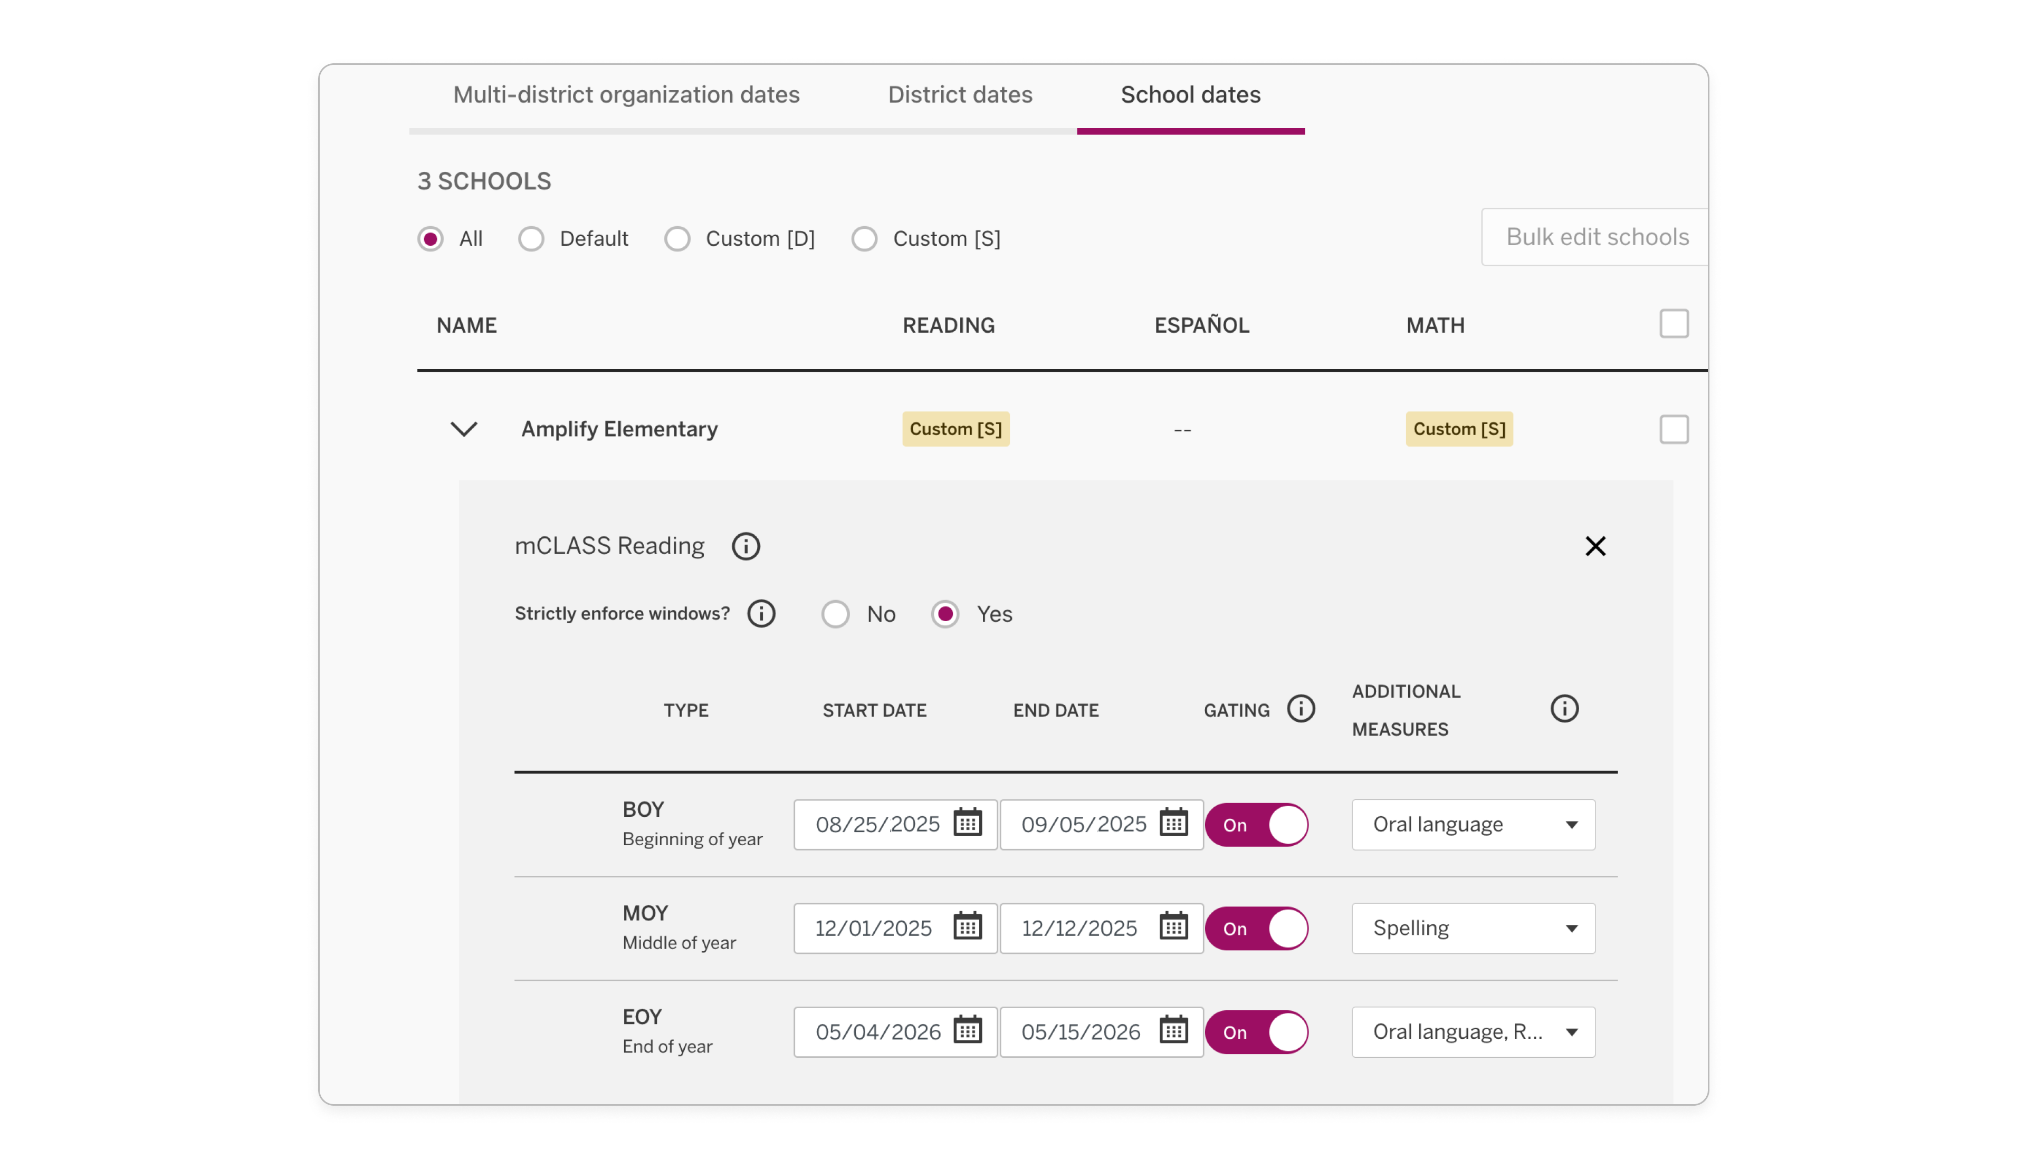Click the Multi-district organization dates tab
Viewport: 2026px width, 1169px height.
click(626, 95)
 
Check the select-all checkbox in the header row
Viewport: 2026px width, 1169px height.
click(1674, 324)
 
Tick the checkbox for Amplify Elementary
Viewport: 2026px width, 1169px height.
click(1674, 430)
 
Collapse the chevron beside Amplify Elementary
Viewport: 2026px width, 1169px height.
click(464, 430)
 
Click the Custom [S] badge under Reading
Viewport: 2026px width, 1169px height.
click(955, 430)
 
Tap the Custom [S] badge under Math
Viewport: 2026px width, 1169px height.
click(1458, 430)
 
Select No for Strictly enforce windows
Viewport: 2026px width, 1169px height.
click(836, 614)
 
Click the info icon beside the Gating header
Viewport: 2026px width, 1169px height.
click(1301, 709)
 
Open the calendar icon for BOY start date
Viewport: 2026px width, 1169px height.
click(967, 824)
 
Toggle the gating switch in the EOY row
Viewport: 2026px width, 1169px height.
click(1256, 1032)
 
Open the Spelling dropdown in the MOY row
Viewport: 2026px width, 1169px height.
click(1473, 928)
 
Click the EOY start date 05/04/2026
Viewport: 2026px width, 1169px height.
click(877, 1032)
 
